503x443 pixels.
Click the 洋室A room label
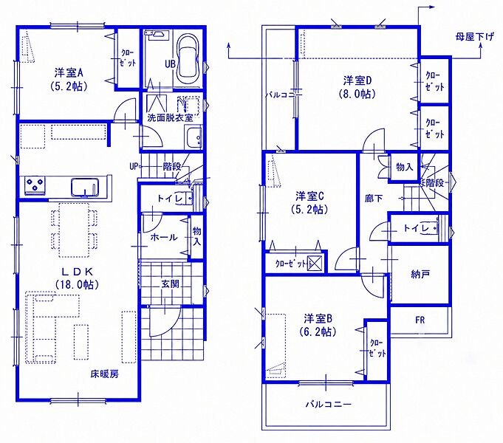(x=69, y=73)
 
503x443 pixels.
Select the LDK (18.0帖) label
(x=77, y=278)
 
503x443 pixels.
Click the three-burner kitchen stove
(x=35, y=185)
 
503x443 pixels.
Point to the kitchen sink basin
(x=85, y=187)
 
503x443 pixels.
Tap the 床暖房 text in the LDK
(x=105, y=374)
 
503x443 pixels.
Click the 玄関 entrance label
(x=170, y=284)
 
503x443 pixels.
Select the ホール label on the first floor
(x=163, y=238)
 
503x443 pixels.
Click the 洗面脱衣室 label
(x=170, y=117)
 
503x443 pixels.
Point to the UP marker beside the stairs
(x=134, y=166)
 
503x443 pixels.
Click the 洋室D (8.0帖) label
(x=357, y=86)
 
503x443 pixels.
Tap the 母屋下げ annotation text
(x=474, y=37)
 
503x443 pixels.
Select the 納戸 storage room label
(x=420, y=274)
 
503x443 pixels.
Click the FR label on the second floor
(x=420, y=320)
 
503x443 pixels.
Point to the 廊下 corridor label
(x=374, y=199)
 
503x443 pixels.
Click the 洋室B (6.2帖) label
(x=318, y=325)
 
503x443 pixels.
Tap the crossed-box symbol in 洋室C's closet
(x=314, y=264)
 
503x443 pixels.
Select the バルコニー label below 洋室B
(x=328, y=404)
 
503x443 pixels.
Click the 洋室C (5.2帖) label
(x=309, y=202)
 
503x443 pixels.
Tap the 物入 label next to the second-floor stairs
(x=405, y=167)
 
